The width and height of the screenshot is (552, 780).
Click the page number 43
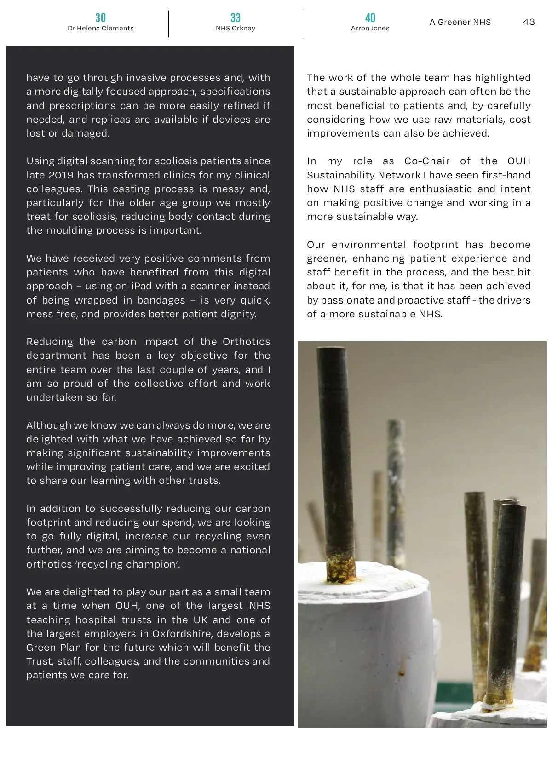529,22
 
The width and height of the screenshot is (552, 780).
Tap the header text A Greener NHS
460,22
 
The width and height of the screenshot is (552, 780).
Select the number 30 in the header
100,18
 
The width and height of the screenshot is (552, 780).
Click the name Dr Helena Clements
100,29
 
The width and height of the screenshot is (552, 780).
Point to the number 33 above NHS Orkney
235,18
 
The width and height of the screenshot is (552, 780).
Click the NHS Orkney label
235,29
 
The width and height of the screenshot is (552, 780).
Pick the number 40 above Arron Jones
370,18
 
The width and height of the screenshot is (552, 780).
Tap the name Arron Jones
370,29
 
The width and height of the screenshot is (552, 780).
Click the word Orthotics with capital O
246,342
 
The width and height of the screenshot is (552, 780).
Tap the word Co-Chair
426,161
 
